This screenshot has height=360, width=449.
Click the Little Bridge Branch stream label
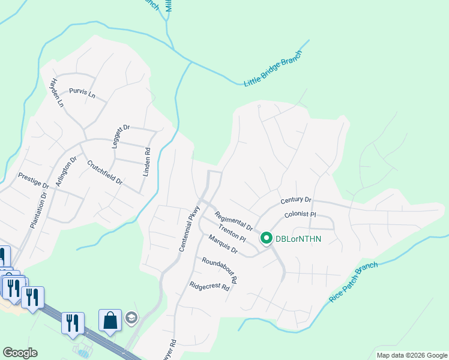coord(273,68)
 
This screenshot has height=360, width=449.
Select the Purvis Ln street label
coord(82,94)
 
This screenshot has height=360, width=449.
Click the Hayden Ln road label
coord(57,92)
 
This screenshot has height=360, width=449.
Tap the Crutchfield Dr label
coord(104,172)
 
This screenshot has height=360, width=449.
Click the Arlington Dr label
coord(65,172)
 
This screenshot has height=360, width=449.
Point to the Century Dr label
coord(296,200)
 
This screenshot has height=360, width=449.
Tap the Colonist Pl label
coord(300,214)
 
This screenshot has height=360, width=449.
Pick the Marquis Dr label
coord(223,245)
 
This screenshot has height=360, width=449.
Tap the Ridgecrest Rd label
coord(209,287)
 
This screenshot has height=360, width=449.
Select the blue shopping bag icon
coord(110,320)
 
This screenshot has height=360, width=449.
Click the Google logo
coord(20,353)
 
